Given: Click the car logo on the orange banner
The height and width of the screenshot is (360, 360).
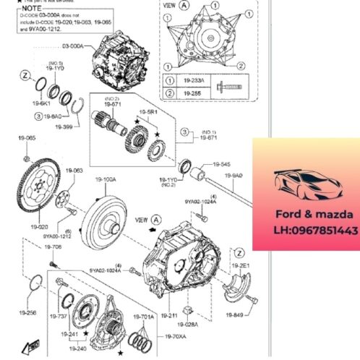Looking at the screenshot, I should click(x=306, y=184).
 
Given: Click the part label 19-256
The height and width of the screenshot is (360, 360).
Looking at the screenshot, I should click(x=27, y=313).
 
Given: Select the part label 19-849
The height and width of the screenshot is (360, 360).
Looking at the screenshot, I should click(x=234, y=315).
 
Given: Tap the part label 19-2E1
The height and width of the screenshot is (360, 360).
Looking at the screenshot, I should click(x=242, y=265).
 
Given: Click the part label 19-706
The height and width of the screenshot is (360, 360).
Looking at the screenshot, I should click(x=53, y=247).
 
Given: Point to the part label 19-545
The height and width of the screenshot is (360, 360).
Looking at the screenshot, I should click(x=220, y=163).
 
